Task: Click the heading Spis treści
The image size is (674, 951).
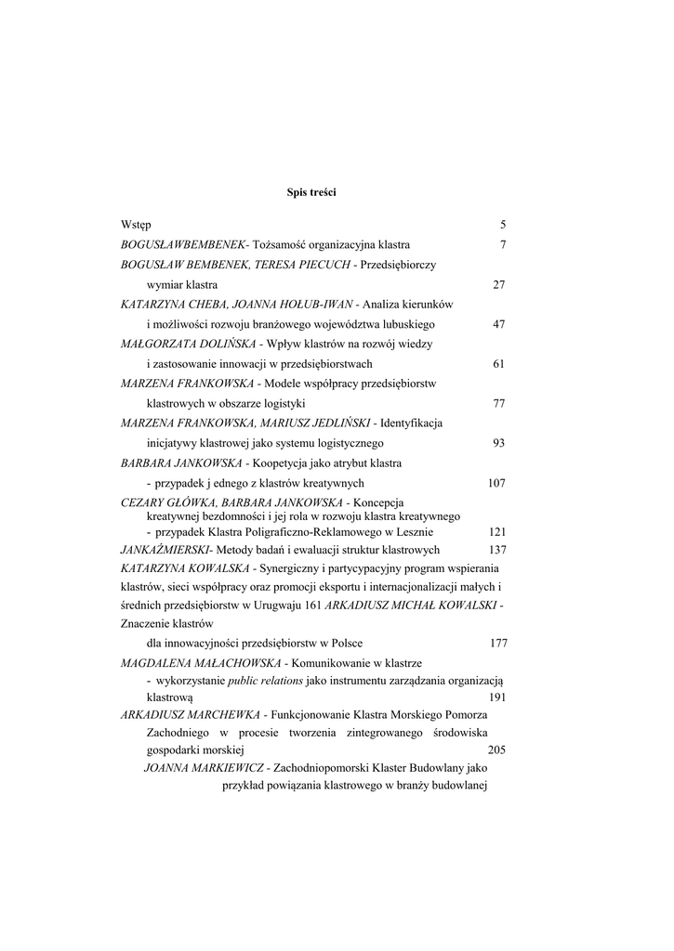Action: click(x=311, y=192)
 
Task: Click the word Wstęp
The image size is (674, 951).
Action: click(x=136, y=225)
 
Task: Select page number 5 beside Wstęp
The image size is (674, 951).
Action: click(x=502, y=225)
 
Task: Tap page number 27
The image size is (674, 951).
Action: click(x=498, y=285)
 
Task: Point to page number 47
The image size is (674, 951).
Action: click(x=498, y=325)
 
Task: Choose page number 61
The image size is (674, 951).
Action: click(x=498, y=364)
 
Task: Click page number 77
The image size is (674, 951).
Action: click(x=498, y=404)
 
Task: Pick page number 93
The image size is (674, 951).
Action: click(x=498, y=443)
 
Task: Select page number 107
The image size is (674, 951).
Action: click(x=496, y=483)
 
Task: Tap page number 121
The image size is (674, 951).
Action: click(x=496, y=532)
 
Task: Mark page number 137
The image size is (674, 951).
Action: click(x=496, y=550)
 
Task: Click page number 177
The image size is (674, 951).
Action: click(x=498, y=643)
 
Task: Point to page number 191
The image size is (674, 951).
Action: click(x=496, y=696)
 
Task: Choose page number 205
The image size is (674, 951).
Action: click(x=496, y=749)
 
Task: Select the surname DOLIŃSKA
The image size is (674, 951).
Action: click(x=205, y=344)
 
